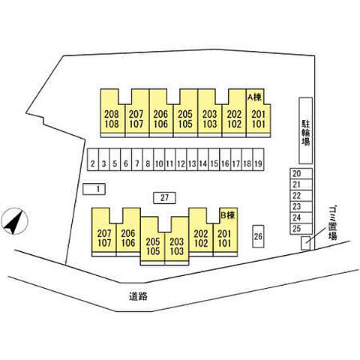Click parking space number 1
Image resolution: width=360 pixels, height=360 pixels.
pyautogui.click(x=94, y=189)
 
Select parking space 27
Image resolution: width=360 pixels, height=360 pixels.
pyautogui.click(x=164, y=198)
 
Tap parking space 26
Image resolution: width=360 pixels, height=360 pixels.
pyautogui.click(x=258, y=236)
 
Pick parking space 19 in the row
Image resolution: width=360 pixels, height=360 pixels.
pyautogui.click(x=258, y=160)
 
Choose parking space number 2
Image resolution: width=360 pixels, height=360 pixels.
pyautogui.click(x=93, y=160)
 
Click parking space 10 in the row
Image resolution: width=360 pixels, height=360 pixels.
pyautogui.click(x=159, y=160)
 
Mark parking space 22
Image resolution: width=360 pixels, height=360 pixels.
pyautogui.click(x=301, y=196)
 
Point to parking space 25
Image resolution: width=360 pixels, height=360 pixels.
pyautogui.click(x=301, y=229)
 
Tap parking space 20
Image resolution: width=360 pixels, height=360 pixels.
pyautogui.click(x=301, y=173)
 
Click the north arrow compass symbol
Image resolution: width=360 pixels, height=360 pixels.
pyautogui.click(x=14, y=221)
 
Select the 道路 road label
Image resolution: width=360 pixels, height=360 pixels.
pyautogui.click(x=138, y=296)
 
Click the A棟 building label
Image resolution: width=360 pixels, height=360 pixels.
pyautogui.click(x=254, y=97)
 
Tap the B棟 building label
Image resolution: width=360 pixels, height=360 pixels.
pyautogui.click(x=228, y=215)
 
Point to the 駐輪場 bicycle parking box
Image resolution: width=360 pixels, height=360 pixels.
pyautogui.click(x=306, y=130)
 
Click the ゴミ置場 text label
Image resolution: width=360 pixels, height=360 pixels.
pyautogui.click(x=332, y=223)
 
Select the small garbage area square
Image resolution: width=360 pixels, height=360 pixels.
pyautogui.click(x=305, y=243)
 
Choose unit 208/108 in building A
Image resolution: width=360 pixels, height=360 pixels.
pyautogui.click(x=112, y=113)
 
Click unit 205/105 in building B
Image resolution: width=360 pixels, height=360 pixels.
pyautogui.click(x=152, y=241)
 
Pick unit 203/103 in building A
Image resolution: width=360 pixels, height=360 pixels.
pyautogui.click(x=209, y=113)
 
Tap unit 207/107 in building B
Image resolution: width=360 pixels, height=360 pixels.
pyautogui.click(x=104, y=232)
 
